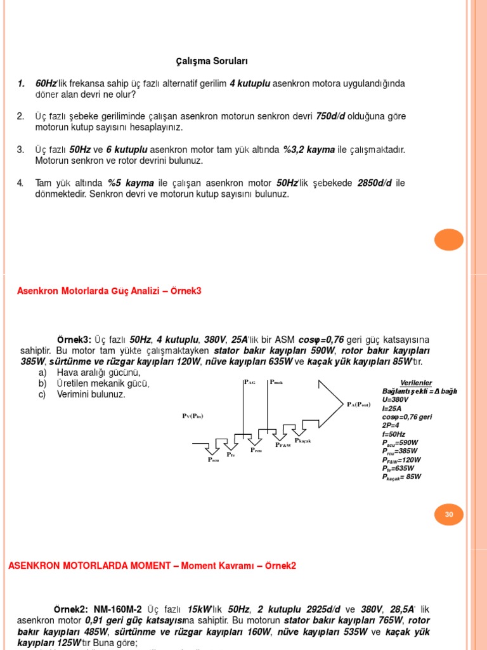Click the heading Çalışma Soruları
212,62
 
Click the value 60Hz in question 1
46,84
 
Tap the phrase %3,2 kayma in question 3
309,150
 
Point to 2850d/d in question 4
375,183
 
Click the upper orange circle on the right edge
449,240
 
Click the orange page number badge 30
449,514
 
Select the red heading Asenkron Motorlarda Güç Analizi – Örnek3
109,291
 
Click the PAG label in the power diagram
249,382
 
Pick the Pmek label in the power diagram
276,382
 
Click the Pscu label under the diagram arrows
213,460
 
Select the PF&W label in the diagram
283,446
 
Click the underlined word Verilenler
416,383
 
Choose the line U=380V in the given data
396,400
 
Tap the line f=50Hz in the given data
393,434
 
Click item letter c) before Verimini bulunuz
42,394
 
